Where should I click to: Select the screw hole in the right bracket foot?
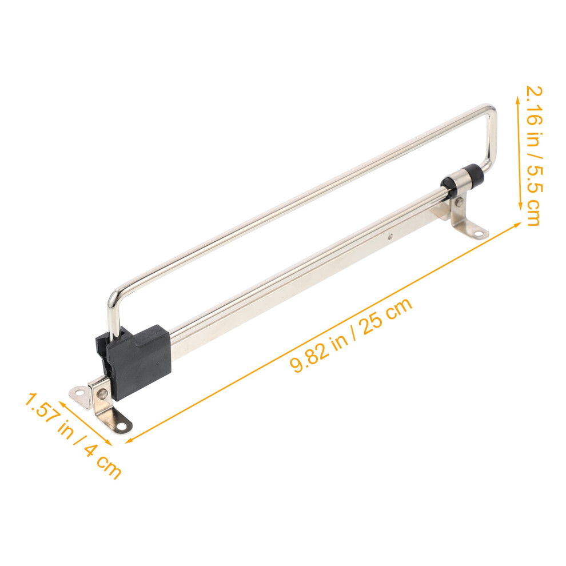tap(478, 234)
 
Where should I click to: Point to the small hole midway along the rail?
tap(391, 237)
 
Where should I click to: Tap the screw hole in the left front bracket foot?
tap(122, 427)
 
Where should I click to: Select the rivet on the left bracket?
tap(103, 393)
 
